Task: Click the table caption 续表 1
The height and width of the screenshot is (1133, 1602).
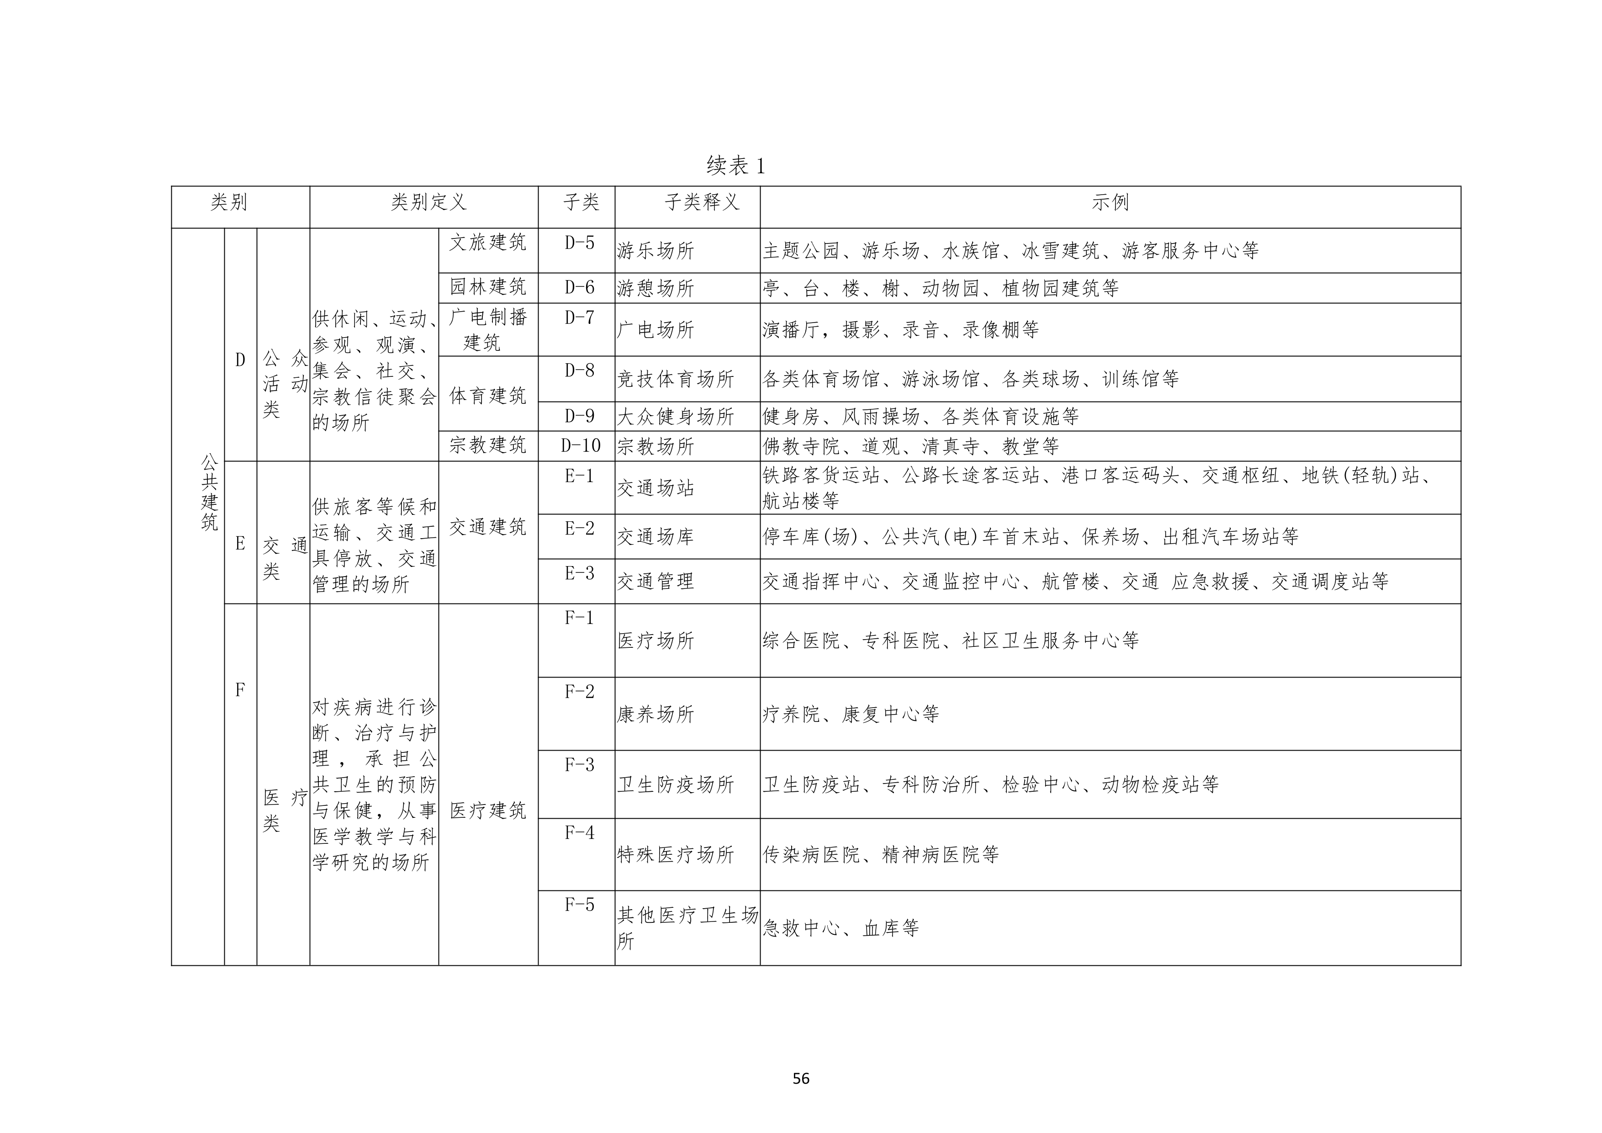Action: pyautogui.click(x=736, y=165)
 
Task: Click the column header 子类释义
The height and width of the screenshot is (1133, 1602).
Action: pyautogui.click(x=701, y=202)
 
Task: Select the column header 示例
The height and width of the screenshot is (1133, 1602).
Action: pyautogui.click(x=1110, y=202)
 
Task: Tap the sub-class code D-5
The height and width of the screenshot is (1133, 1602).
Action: pyautogui.click(x=579, y=242)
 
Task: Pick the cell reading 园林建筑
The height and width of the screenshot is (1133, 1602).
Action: pyautogui.click(x=488, y=287)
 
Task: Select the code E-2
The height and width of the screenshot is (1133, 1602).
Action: pyautogui.click(x=579, y=528)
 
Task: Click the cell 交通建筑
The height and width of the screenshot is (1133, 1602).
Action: pyautogui.click(x=488, y=527)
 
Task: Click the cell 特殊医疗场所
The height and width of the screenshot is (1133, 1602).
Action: pyautogui.click(x=676, y=854)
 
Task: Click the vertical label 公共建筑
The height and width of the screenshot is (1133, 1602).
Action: pyautogui.click(x=209, y=492)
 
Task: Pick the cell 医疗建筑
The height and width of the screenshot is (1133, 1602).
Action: pyautogui.click(x=488, y=810)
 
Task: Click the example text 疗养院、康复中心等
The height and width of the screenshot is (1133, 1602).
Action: pyautogui.click(x=851, y=714)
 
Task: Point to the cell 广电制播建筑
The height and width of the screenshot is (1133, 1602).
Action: pyautogui.click(x=488, y=329)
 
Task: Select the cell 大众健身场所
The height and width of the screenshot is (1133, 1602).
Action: pyautogui.click(x=676, y=417)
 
